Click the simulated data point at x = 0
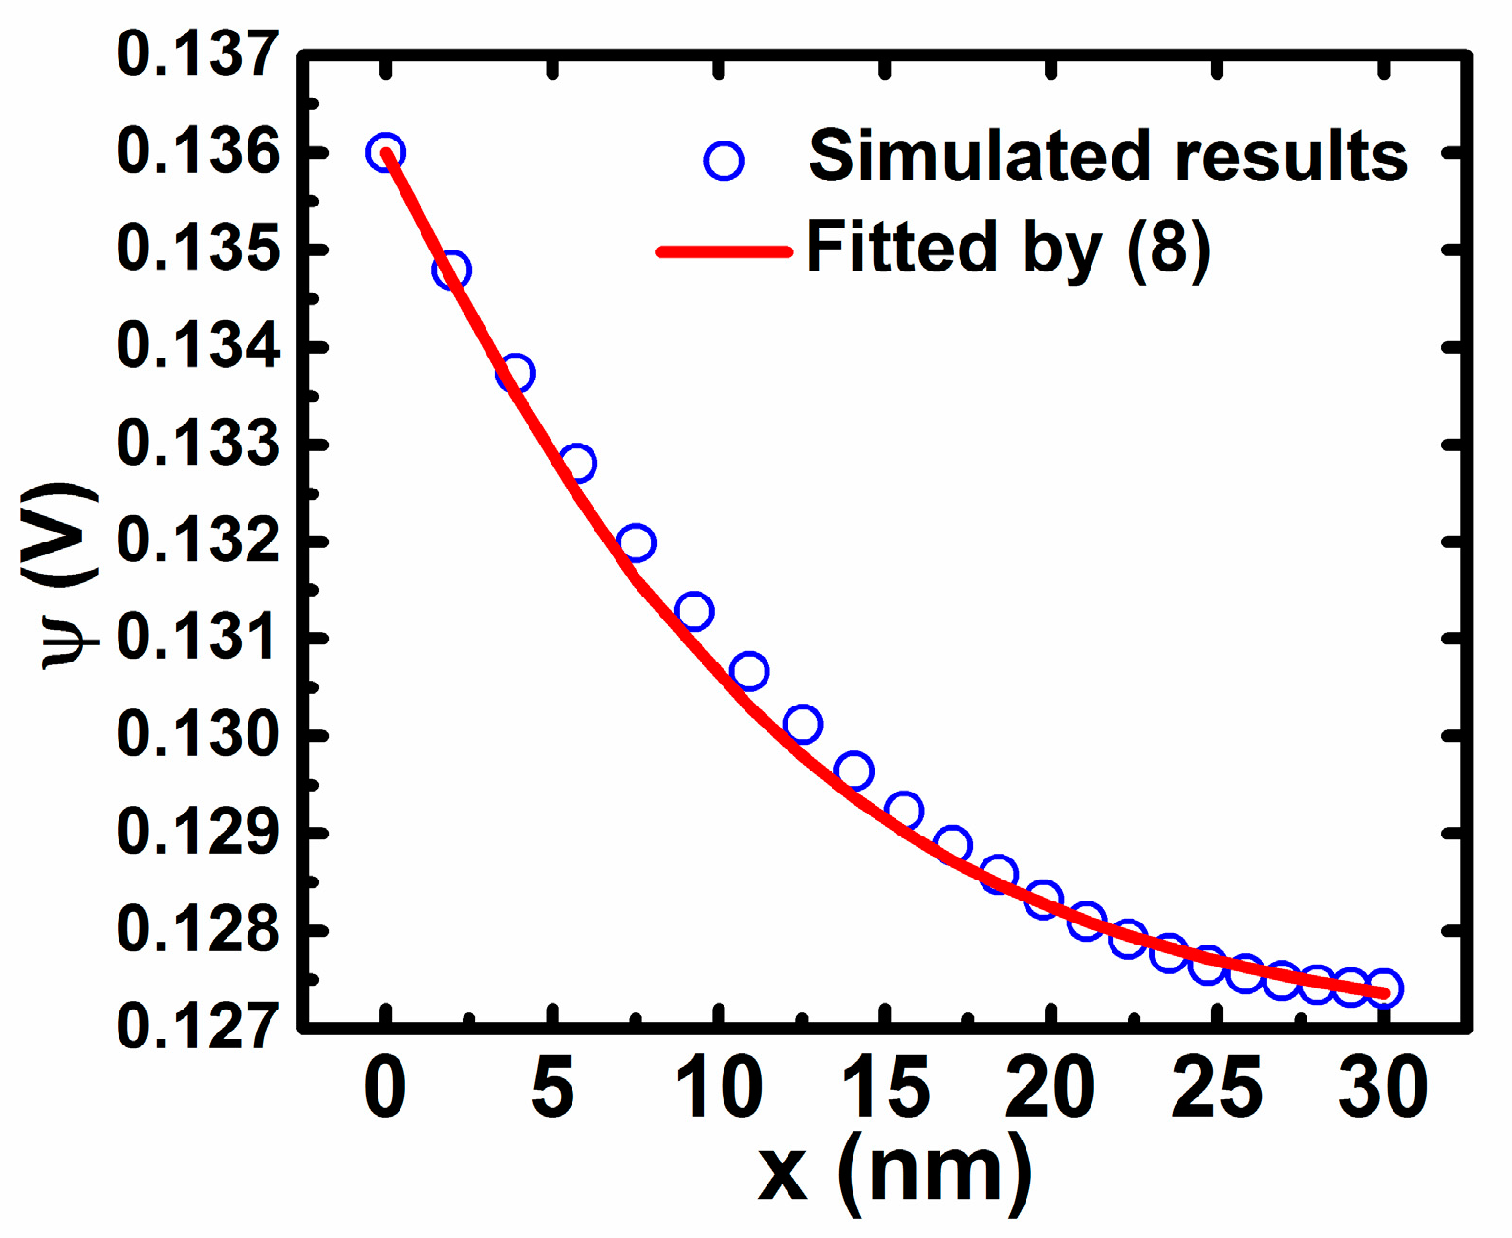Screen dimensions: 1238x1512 pyautogui.click(x=385, y=152)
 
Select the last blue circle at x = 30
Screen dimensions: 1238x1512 pyautogui.click(x=1384, y=988)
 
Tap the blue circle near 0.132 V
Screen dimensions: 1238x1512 pyautogui.click(x=637, y=543)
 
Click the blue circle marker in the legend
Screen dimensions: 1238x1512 pyautogui.click(x=724, y=161)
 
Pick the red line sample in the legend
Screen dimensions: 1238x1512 pyautogui.click(x=724, y=251)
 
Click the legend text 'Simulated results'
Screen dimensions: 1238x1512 pyautogui.click(x=1108, y=156)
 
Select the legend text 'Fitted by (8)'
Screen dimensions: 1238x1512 pyautogui.click(x=1008, y=249)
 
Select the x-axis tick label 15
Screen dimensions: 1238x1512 pyautogui.click(x=885, y=1088)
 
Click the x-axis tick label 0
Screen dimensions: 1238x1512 pyautogui.click(x=385, y=1088)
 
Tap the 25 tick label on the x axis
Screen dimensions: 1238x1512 pyautogui.click(x=1217, y=1088)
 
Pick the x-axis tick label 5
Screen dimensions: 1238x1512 pyautogui.click(x=552, y=1088)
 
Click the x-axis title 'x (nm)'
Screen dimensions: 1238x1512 pyautogui.click(x=895, y=1171)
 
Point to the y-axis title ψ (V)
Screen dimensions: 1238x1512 pyautogui.click(x=59, y=576)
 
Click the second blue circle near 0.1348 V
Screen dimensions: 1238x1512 pyautogui.click(x=451, y=271)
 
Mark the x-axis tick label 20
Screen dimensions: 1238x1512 pyautogui.click(x=1050, y=1088)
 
